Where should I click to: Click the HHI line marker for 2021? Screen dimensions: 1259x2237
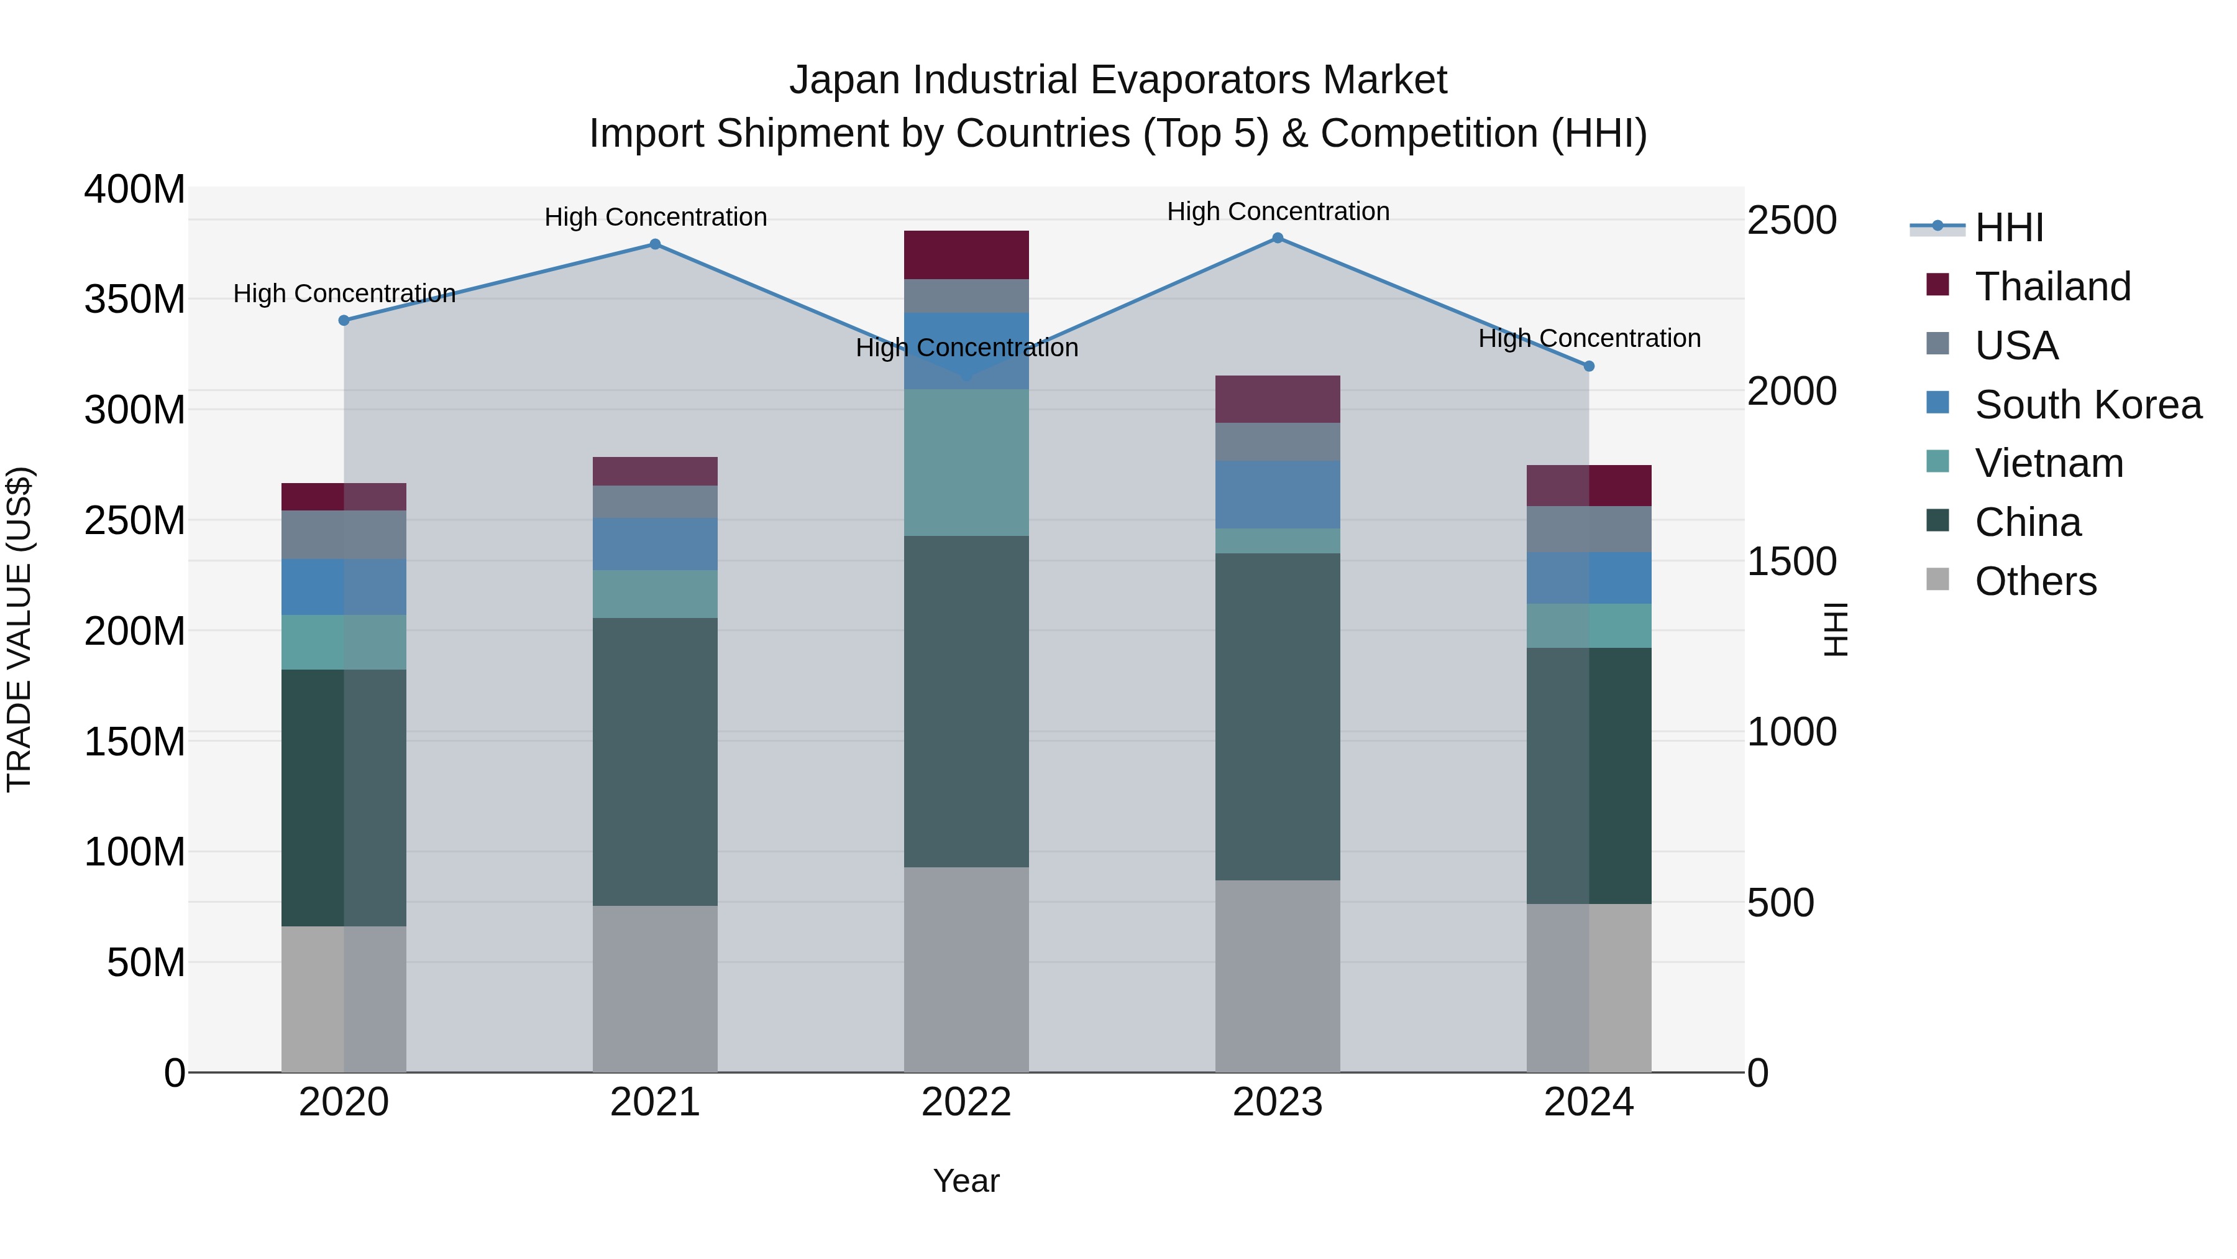pyautogui.click(x=655, y=244)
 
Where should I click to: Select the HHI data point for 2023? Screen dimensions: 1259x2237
pyautogui.click(x=1278, y=238)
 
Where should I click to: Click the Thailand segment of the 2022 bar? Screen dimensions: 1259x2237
pyautogui.click(x=966, y=254)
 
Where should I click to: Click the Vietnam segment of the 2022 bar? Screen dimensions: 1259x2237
pyautogui.click(x=966, y=462)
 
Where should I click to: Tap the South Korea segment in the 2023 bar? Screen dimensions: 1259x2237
pyautogui.click(x=1278, y=494)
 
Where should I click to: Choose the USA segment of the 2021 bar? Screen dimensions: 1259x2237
pyautogui.click(x=655, y=502)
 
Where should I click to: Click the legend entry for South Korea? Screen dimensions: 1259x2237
pyautogui.click(x=2088, y=405)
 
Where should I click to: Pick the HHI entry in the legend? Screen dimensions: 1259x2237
pyautogui.click(x=2008, y=228)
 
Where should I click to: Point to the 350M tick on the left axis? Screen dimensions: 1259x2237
pyautogui.click(x=135, y=300)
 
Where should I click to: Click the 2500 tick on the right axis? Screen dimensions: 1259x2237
pyautogui.click(x=1791, y=221)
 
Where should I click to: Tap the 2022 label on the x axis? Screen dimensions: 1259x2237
pyautogui.click(x=966, y=1102)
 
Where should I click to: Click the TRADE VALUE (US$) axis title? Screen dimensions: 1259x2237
pyautogui.click(x=19, y=629)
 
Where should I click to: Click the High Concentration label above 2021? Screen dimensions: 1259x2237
pyautogui.click(x=656, y=217)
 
